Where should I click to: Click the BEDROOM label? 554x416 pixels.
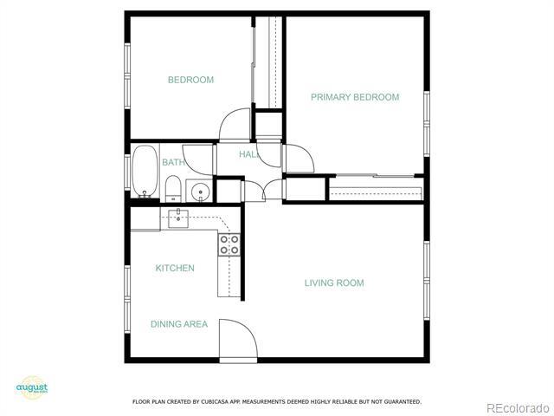pyautogui.click(x=190, y=80)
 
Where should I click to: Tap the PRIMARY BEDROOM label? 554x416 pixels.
pyautogui.click(x=355, y=97)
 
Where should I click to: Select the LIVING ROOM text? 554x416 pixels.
pyautogui.click(x=333, y=283)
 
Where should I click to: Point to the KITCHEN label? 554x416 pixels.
pyautogui.click(x=175, y=268)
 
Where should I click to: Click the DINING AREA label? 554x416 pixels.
pyautogui.click(x=179, y=324)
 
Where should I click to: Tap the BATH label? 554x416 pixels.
pyautogui.click(x=172, y=162)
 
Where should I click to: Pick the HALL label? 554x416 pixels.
pyautogui.click(x=249, y=154)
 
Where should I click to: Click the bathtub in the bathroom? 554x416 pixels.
pyautogui.click(x=145, y=172)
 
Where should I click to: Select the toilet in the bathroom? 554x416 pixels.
pyautogui.click(x=173, y=188)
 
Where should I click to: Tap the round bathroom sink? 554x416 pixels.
pyautogui.click(x=200, y=192)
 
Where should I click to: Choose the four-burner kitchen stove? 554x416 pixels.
pyautogui.click(x=229, y=245)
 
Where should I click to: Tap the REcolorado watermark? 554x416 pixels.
pyautogui.click(x=517, y=408)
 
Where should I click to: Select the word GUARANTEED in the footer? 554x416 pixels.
pyautogui.click(x=403, y=402)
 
